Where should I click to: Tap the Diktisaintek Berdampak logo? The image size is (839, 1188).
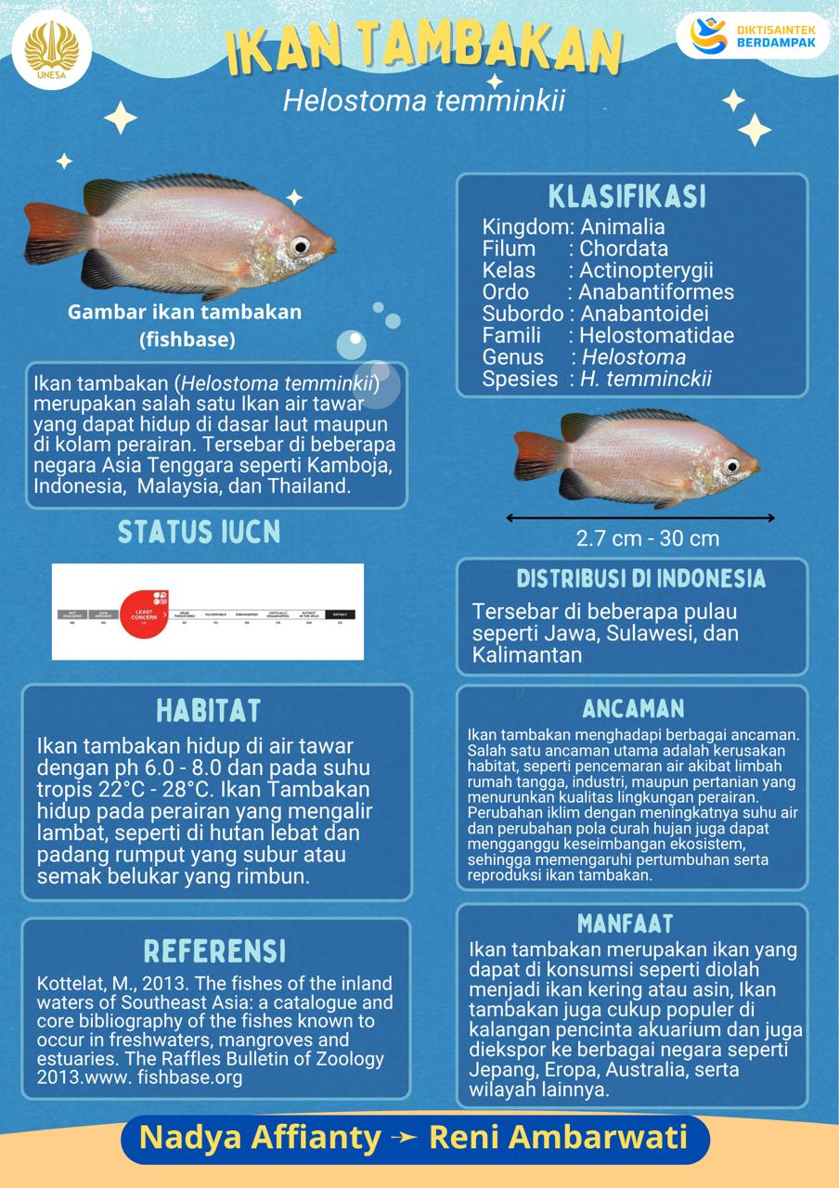(759, 36)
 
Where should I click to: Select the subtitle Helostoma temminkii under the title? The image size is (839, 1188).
(424, 100)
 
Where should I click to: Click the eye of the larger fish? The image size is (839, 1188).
(299, 245)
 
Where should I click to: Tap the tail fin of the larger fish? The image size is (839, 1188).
(46, 238)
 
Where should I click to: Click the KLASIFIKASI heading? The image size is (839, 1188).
(627, 197)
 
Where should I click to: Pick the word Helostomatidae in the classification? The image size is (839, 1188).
(656, 335)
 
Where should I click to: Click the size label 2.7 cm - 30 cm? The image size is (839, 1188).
(647, 538)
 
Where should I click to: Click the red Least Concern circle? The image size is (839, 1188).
(143, 613)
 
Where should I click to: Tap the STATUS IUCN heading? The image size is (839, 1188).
(199, 532)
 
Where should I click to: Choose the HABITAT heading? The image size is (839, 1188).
(208, 711)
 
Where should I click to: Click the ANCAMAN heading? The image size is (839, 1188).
(634, 709)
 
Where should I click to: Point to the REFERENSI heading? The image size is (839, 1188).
(215, 950)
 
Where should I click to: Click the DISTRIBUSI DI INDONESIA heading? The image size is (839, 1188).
(641, 579)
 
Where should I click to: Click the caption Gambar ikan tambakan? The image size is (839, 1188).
(185, 312)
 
